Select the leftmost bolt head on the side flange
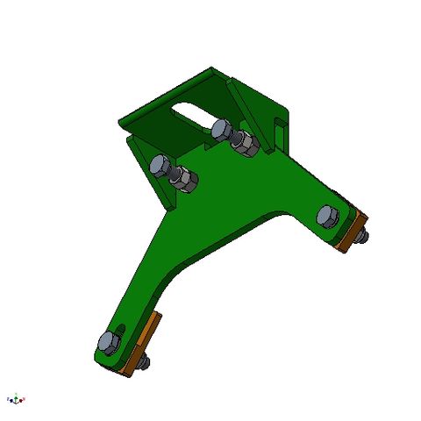tap(161, 166)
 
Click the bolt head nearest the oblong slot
tap(221, 130)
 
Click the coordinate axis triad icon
tap(16, 400)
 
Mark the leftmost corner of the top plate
tap(119, 116)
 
